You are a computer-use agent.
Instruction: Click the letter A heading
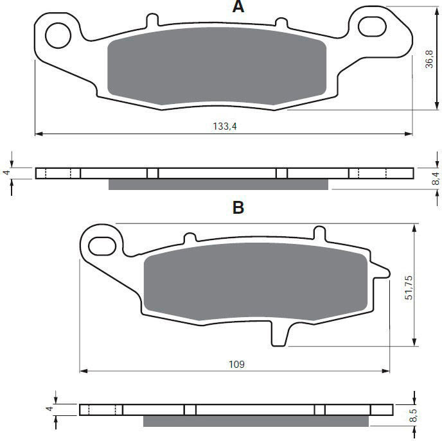click(238, 6)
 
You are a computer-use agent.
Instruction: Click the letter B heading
click(238, 207)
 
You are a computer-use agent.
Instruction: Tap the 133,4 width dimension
click(225, 126)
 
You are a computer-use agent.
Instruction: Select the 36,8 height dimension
click(429, 59)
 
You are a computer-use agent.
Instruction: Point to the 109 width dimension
click(236, 364)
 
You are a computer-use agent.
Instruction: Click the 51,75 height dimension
click(409, 287)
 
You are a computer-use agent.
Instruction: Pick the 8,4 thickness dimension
click(435, 178)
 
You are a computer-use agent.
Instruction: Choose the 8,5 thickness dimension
click(412, 415)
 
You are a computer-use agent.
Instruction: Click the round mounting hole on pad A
click(58, 35)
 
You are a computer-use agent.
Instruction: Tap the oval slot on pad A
click(372, 26)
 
